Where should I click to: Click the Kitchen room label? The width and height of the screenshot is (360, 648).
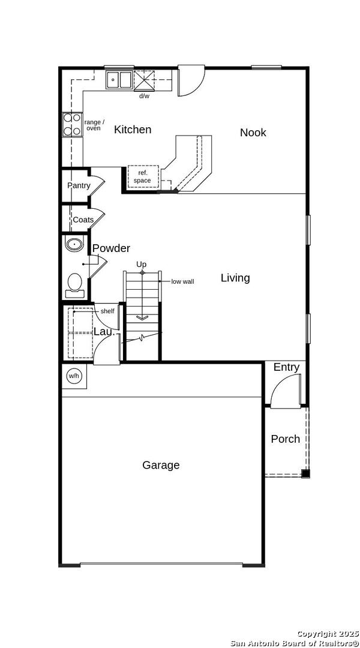pos(133,130)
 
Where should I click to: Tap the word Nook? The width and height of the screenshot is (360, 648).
pos(253,133)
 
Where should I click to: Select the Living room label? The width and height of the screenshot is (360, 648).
pos(235,278)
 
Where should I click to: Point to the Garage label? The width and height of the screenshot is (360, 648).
pos(161,466)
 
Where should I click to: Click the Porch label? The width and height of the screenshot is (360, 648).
pos(285,439)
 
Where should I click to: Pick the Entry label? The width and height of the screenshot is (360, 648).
pos(286,367)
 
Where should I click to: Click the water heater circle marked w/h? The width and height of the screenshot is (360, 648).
pos(73,376)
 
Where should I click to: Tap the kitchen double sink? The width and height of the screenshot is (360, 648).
pos(119,80)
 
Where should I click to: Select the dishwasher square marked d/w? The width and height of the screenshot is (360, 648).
pos(144,80)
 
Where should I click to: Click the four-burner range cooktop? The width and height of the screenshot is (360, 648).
pos(73,125)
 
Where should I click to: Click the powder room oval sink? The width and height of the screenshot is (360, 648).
pos(74,244)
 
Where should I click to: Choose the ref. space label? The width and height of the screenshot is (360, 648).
pos(142,177)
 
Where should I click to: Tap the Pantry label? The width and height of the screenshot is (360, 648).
pos(79,185)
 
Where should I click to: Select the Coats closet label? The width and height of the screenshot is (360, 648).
pos(83,220)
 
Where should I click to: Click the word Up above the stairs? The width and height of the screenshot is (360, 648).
pos(142,264)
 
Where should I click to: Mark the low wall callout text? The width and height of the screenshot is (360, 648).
pos(182,282)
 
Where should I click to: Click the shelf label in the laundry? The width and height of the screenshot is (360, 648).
pos(107,311)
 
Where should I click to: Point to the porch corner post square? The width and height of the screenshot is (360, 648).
pos(305,473)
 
